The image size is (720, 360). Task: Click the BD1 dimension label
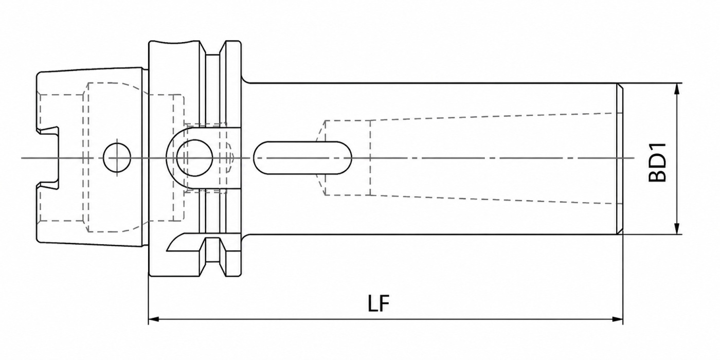click(x=658, y=163)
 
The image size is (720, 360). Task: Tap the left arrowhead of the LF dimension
click(x=154, y=319)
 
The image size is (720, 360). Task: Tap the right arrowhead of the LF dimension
click(x=618, y=319)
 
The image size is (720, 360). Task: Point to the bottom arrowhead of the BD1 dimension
click(x=677, y=228)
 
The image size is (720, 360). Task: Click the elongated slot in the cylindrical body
click(x=302, y=157)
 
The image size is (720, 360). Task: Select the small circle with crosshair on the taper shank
click(x=117, y=157)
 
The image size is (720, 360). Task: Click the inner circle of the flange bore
click(x=194, y=157)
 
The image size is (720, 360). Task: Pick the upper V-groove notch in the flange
click(x=212, y=48)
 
